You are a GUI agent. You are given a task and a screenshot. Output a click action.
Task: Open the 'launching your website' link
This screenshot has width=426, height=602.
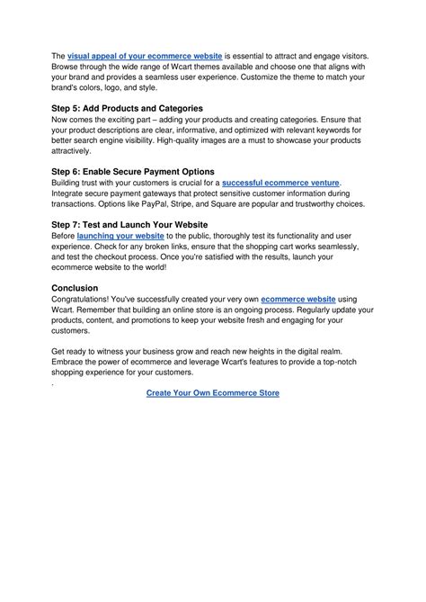click(126, 235)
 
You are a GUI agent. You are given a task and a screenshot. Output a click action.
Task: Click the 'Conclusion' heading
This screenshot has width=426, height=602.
click(75, 288)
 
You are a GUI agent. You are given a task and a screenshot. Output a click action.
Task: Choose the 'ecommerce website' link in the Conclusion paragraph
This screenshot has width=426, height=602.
click(298, 299)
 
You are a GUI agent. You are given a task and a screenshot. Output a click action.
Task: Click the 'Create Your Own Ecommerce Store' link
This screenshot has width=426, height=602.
click(213, 393)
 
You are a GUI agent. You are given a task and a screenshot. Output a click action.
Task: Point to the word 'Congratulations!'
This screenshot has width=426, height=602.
click(89, 299)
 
